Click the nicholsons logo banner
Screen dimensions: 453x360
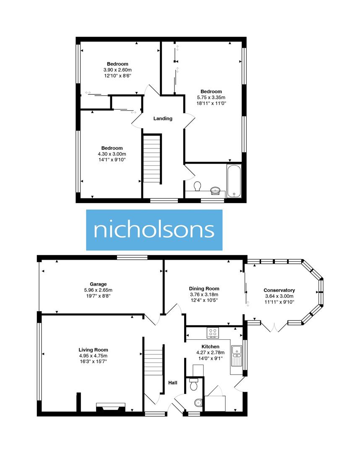[x=154, y=230]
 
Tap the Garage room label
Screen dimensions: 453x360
[x=99, y=284]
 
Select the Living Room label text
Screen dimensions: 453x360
[x=93, y=350]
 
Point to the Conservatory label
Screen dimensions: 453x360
[x=279, y=290]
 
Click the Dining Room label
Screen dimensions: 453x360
[x=204, y=289]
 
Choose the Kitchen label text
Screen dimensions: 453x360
[x=210, y=346]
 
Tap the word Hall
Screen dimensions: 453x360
[x=172, y=383]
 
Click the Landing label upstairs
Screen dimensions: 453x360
[x=162, y=119]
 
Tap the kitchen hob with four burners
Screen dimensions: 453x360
[x=213, y=333]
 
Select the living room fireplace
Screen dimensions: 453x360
[x=111, y=407]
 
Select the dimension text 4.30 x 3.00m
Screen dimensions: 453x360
[x=112, y=154]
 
